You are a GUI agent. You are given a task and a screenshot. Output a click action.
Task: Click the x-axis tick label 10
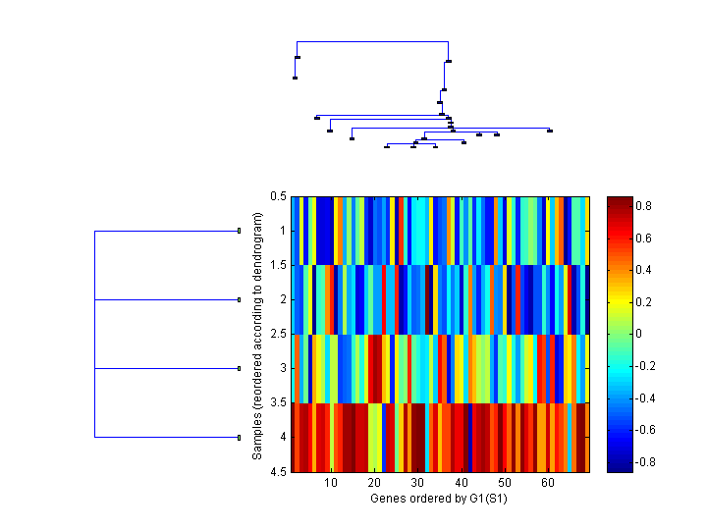pos(331,484)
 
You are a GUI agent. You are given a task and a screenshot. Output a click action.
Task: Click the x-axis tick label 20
pos(374,484)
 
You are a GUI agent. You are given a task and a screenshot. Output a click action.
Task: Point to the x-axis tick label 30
pos(417,484)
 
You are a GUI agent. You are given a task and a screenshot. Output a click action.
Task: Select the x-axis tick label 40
pos(462,484)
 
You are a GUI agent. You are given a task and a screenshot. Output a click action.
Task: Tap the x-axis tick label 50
pos(505,484)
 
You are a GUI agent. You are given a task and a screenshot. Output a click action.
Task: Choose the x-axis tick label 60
pos(548,484)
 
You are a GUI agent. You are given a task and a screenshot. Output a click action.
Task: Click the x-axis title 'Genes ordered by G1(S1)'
pos(440,499)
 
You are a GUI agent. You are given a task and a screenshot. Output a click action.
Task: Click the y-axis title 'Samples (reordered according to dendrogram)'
pos(257,334)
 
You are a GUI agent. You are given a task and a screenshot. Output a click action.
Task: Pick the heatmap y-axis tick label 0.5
pos(278,196)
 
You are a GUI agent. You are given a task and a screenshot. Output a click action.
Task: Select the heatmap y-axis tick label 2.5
pos(278,335)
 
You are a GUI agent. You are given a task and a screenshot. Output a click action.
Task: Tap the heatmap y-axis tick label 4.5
pos(278,472)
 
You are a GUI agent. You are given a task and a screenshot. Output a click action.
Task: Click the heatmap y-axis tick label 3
pos(282,369)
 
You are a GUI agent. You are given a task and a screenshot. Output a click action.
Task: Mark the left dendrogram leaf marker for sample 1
pos(239,231)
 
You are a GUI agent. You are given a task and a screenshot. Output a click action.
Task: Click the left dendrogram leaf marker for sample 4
pos(239,437)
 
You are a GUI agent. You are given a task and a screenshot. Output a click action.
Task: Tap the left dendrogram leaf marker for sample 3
pos(239,368)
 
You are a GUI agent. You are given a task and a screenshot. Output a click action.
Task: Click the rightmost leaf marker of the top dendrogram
pos(550,131)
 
